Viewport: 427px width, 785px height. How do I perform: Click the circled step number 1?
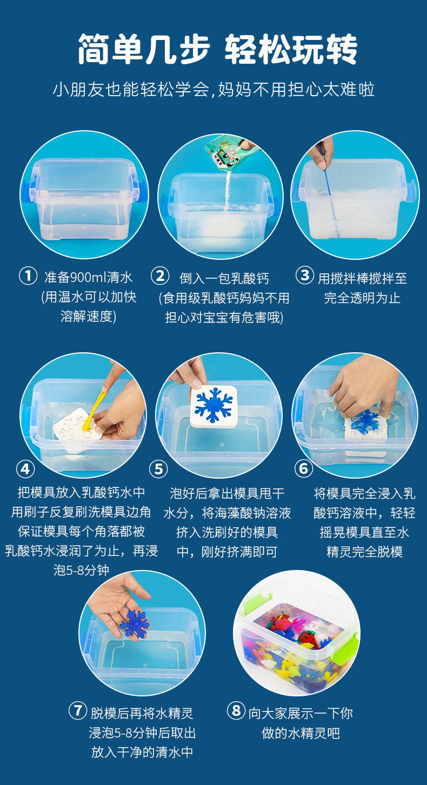click(28, 276)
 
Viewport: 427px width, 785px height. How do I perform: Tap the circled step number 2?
click(159, 276)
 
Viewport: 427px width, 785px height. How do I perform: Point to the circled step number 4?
click(25, 468)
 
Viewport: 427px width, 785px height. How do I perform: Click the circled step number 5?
click(158, 469)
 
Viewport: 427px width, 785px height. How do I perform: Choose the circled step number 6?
click(303, 468)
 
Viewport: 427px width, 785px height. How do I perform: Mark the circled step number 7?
click(78, 710)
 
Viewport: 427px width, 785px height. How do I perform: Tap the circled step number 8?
click(236, 710)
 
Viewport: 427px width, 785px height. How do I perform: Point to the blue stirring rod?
click(329, 189)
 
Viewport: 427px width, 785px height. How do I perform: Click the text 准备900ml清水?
click(88, 278)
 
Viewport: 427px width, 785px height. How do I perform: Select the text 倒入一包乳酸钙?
click(224, 278)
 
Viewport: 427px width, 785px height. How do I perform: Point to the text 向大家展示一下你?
click(301, 713)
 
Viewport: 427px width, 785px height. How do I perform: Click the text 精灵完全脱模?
click(365, 552)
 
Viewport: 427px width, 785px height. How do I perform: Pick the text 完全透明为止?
click(362, 298)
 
